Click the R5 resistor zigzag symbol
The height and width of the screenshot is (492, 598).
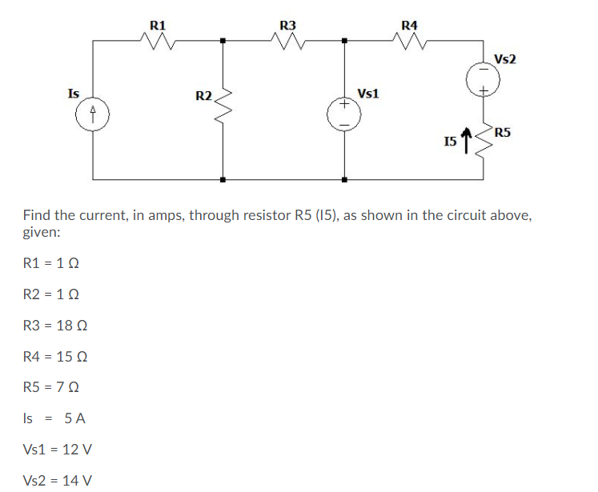(484, 143)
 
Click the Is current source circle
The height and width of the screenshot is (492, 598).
(94, 112)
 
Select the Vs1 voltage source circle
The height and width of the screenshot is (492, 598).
(344, 113)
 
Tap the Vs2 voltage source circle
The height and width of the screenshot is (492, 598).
(484, 79)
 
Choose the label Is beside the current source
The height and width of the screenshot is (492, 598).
(73, 93)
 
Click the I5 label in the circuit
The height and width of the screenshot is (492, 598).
(448, 143)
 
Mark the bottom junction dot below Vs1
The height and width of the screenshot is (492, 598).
(344, 179)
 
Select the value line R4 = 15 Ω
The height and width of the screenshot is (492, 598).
(55, 357)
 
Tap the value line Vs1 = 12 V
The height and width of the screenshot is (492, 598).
(58, 450)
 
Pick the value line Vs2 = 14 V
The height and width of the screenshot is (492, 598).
(58, 480)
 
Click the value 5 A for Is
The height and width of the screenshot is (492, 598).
(76, 418)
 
